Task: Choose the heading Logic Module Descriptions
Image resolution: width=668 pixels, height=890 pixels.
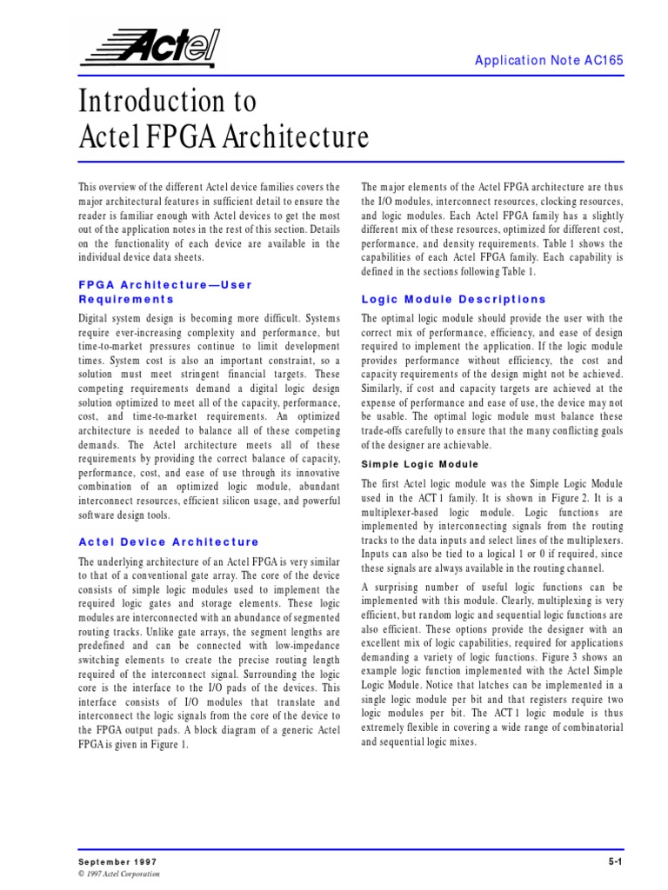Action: point(453,299)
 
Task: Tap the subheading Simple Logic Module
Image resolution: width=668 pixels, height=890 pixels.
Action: point(419,464)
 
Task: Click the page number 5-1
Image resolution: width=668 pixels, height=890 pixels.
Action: point(616,860)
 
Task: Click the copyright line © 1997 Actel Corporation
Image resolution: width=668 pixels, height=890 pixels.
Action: point(119,873)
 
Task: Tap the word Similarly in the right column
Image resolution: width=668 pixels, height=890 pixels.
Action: point(383,389)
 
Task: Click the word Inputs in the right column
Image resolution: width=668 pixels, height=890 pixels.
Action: point(378,553)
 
